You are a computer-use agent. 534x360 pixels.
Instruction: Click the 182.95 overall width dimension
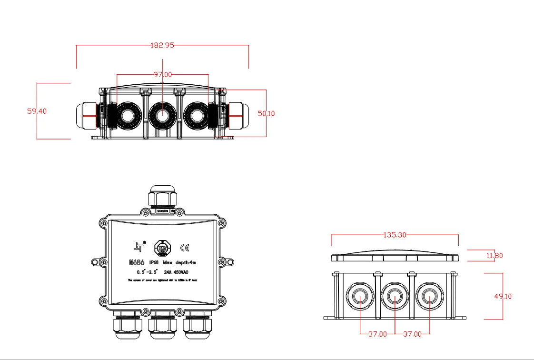[x=162, y=45]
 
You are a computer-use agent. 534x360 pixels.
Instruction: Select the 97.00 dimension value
[x=162, y=75]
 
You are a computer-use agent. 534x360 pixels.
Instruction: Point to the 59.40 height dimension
[x=37, y=111]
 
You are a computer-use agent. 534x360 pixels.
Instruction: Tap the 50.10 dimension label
[x=266, y=113]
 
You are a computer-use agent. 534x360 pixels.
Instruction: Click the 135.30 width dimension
[x=395, y=235]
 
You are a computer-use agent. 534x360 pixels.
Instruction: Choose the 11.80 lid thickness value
[x=494, y=256]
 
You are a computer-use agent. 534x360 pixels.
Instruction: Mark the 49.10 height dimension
[x=503, y=296]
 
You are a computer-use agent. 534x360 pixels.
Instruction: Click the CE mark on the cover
[x=185, y=248]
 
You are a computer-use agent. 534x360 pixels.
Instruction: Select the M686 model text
[x=137, y=262]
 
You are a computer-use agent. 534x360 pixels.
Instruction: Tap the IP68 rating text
[x=154, y=262]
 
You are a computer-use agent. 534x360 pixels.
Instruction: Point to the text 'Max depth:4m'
[x=178, y=262]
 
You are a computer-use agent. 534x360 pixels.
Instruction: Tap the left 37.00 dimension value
[x=377, y=334]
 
